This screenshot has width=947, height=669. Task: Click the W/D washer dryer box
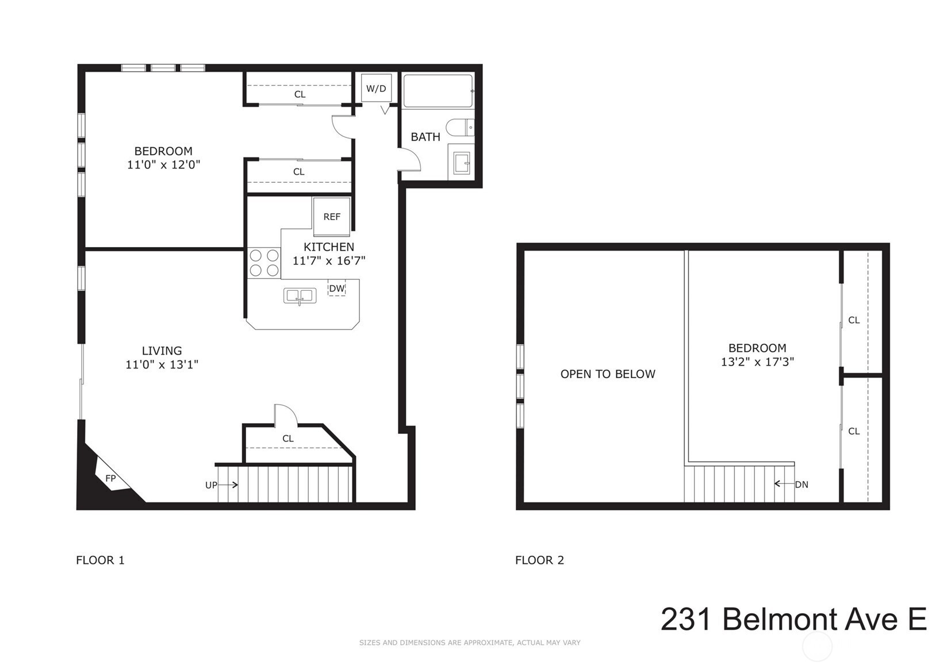[x=376, y=89]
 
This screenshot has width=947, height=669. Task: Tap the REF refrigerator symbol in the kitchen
[x=332, y=217]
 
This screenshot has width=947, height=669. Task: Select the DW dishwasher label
[x=337, y=289]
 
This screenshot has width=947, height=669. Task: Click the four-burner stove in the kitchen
[x=264, y=263]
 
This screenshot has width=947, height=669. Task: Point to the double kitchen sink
[x=300, y=296]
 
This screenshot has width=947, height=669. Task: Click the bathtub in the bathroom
[x=438, y=91]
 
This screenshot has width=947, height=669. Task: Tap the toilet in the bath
[x=461, y=127]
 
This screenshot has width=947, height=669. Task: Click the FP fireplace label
[x=110, y=478]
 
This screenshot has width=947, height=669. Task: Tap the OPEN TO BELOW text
[x=608, y=374]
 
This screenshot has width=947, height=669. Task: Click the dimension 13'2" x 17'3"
[x=757, y=362]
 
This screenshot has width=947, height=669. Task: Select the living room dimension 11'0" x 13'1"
[x=162, y=364]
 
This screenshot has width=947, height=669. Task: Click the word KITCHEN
[x=329, y=247]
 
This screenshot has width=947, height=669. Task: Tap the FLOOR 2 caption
[x=539, y=560]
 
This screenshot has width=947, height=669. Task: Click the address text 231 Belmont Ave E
[x=793, y=620]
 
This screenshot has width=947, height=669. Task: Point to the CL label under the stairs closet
[x=288, y=439]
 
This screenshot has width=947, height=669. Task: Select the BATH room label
[x=425, y=137]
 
